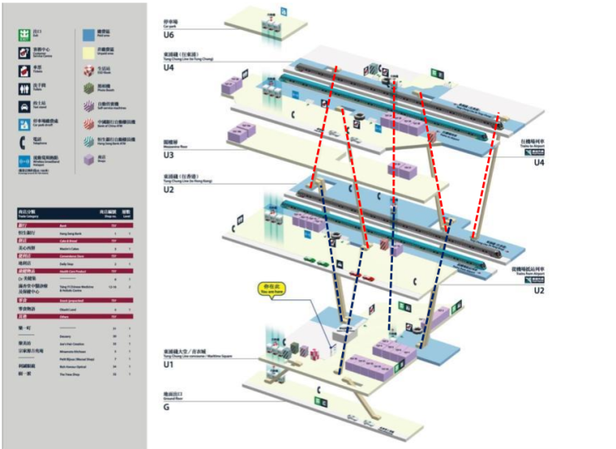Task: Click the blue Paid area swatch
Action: coord(89,35)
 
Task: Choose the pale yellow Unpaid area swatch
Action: coord(89,52)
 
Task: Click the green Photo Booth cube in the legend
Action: coord(89,87)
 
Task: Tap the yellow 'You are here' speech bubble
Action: coord(270,288)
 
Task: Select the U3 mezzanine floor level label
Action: coord(169,153)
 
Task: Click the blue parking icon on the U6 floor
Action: coord(284,12)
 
